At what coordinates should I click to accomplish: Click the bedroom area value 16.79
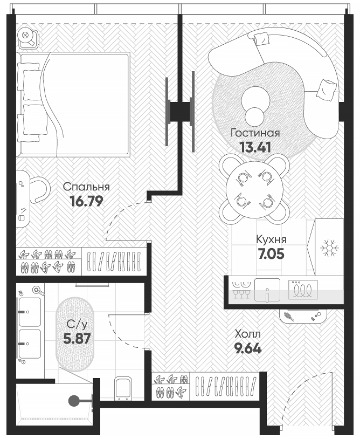86,201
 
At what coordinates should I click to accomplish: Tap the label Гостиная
255,133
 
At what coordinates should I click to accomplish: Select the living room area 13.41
254,146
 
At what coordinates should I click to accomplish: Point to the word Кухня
271,240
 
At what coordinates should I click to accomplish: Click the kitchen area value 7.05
271,253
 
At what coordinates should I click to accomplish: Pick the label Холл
247,334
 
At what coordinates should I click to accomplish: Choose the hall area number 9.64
247,348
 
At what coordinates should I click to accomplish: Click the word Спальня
86,187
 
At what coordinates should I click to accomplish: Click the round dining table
253,189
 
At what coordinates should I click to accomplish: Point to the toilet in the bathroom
123,388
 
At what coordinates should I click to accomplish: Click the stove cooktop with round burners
303,290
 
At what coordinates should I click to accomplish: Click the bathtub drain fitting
74,400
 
